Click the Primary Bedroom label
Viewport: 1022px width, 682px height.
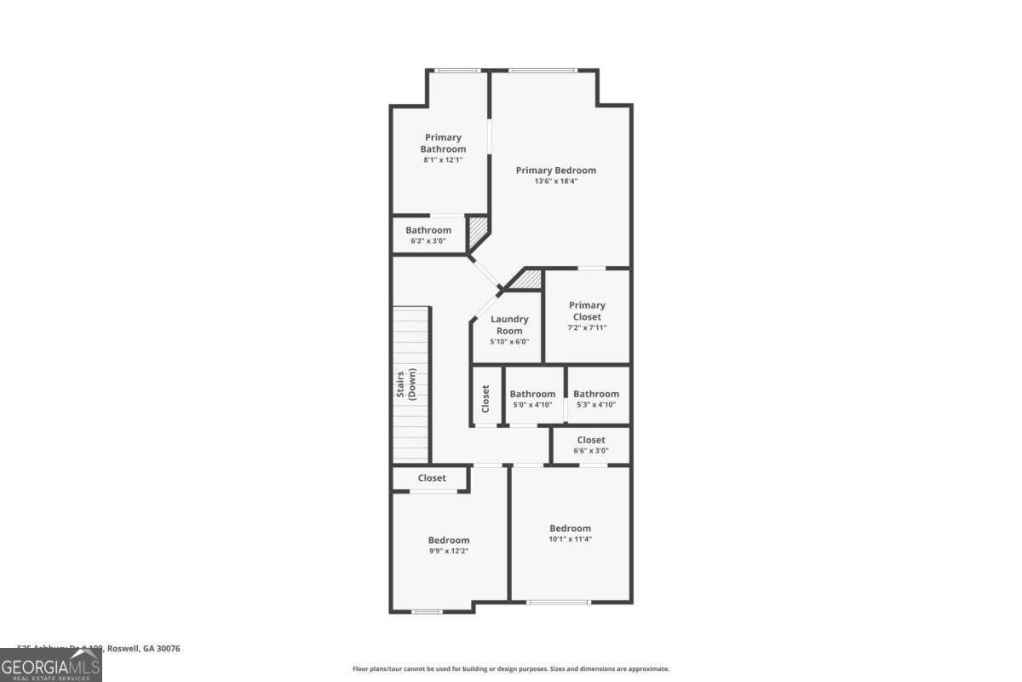click(x=556, y=170)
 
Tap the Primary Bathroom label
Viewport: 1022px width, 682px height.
click(x=443, y=143)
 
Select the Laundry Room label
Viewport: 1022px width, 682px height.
click(x=509, y=325)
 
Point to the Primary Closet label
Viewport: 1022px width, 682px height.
click(x=587, y=311)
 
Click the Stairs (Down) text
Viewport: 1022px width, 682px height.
click(x=405, y=385)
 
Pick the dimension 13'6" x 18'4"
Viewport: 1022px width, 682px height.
click(x=556, y=182)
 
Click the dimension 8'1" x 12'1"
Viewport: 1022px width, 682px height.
click(x=443, y=160)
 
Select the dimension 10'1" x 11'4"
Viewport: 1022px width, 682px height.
click(x=570, y=539)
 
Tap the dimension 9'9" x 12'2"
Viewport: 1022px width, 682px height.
click(x=448, y=551)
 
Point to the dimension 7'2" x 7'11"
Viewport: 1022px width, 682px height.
click(x=587, y=328)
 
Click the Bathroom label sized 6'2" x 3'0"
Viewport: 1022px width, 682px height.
click(x=428, y=230)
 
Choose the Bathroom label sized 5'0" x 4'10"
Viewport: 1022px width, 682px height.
click(x=532, y=394)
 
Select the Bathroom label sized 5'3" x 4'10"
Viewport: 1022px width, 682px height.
click(x=596, y=394)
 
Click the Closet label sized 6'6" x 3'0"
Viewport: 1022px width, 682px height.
click(x=591, y=440)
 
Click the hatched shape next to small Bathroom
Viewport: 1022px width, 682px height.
click(x=477, y=230)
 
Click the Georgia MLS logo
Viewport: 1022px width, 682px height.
click(x=51, y=665)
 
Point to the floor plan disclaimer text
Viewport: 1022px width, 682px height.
click(x=511, y=669)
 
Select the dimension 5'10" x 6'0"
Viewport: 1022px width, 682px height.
click(x=509, y=342)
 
